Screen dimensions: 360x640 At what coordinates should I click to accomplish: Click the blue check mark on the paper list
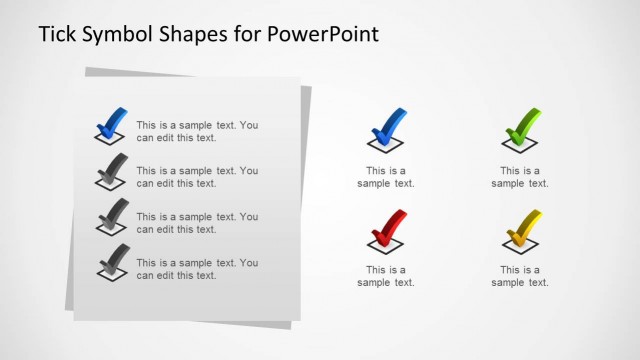[111, 124]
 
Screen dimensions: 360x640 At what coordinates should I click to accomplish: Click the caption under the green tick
[520, 177]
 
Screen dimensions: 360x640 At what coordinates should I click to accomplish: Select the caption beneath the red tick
[386, 276]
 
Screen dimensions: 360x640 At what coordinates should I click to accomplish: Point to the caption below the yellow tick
[520, 276]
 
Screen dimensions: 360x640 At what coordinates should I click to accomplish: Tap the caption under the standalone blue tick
[386, 177]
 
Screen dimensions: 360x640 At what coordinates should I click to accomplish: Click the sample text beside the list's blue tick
[197, 131]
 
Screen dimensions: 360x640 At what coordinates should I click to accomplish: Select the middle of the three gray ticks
[111, 216]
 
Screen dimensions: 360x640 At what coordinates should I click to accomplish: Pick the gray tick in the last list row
[111, 261]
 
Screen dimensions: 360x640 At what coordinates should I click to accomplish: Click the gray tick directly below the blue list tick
[111, 170]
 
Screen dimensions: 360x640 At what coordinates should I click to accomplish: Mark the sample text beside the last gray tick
[197, 269]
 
